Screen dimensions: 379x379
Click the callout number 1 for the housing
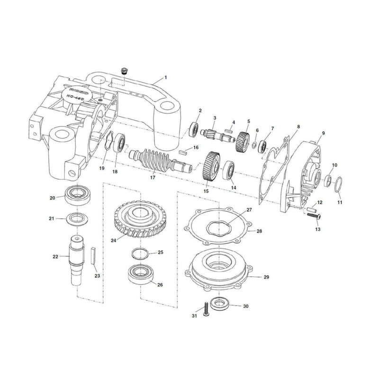coord(166,77)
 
